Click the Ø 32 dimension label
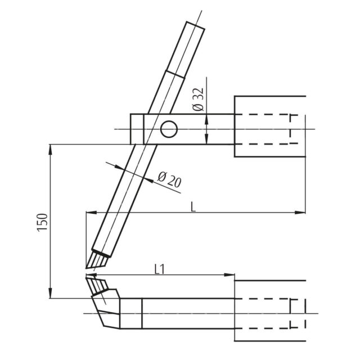(x=198, y=100)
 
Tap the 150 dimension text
(x=42, y=223)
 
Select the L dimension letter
(x=193, y=207)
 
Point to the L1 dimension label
(x=160, y=269)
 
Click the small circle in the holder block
(x=169, y=129)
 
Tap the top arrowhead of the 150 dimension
(x=51, y=149)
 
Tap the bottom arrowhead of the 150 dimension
(x=51, y=294)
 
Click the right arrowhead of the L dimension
(x=300, y=213)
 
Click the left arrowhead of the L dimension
(x=91, y=213)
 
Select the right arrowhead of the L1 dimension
(x=229, y=275)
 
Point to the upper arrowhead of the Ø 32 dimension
(x=206, y=119)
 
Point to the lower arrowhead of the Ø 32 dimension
(x=206, y=139)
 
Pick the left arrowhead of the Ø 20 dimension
(x=119, y=168)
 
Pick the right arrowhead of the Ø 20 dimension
(x=148, y=180)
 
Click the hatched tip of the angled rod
(x=97, y=260)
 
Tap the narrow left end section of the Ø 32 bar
(x=137, y=129)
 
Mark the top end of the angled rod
(x=196, y=25)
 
